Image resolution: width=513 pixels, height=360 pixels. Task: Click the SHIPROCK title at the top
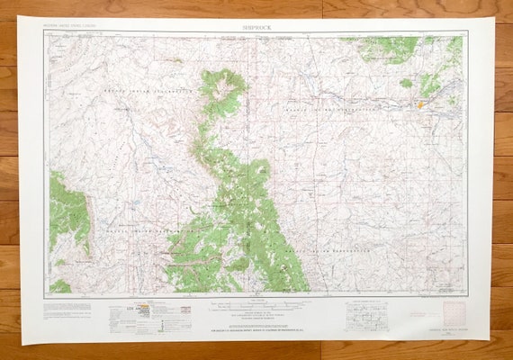point(256,27)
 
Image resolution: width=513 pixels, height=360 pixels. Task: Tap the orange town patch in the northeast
point(419,104)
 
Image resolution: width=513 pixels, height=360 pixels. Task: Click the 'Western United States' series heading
point(75,28)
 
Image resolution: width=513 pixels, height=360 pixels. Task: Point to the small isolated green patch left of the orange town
point(406,83)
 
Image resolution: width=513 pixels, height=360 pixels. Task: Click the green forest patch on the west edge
point(67,211)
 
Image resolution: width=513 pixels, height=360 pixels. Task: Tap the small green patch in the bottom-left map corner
point(59,286)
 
